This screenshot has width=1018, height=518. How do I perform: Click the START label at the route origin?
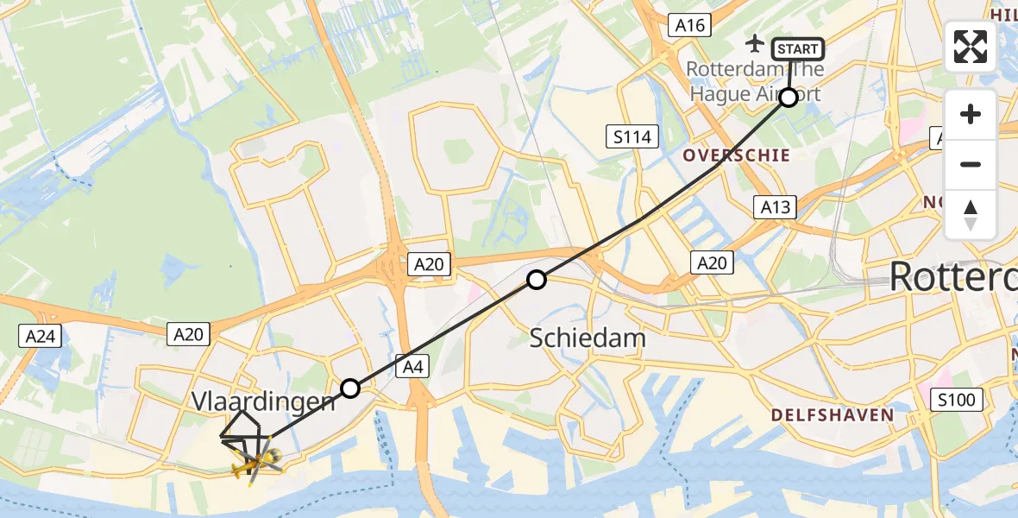coord(797,49)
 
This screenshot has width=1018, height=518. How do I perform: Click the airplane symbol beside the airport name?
coord(755,42)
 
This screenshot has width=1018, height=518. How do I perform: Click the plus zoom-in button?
coord(971,114)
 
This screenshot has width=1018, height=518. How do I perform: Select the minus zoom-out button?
coord(971,164)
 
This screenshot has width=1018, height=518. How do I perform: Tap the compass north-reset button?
coord(971,214)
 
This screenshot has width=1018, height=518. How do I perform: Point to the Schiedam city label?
coord(588,338)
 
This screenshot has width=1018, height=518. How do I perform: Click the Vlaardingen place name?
coord(262,401)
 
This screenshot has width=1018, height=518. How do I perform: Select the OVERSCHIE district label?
coord(736,155)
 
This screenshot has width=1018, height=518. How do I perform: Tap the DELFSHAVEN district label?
coord(833,415)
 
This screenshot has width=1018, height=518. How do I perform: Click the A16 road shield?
coord(690,26)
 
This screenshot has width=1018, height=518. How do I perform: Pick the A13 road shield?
coord(774,206)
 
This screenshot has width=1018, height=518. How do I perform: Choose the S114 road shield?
coord(632,136)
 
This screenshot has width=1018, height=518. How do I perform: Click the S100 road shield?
coord(956,398)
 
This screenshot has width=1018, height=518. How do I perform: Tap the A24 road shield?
coord(41,335)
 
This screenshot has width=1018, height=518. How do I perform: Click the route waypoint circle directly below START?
coord(789,98)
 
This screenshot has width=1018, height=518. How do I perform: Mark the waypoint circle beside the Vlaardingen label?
coord(349,388)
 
